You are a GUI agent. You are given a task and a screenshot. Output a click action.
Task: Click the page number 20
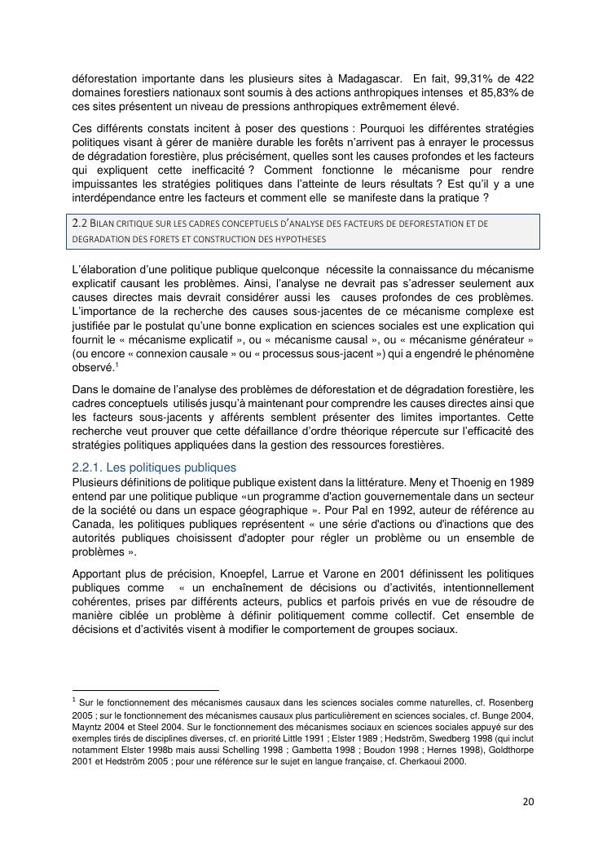tap(528, 802)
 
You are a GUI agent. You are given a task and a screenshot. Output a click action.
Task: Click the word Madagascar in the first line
tap(367, 78)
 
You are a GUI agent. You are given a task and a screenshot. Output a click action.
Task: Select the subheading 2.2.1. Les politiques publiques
tap(154, 467)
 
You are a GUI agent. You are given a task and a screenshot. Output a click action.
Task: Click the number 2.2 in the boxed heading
tap(82, 223)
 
